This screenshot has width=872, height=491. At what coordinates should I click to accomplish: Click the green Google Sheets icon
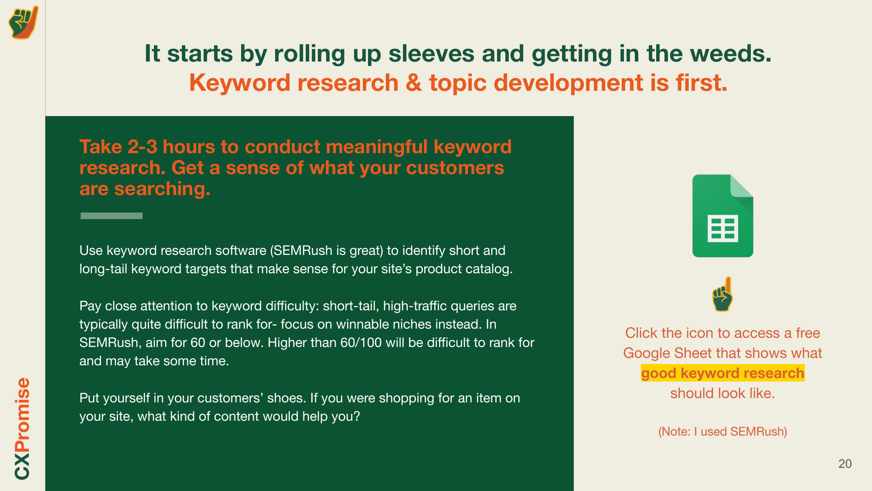(722, 216)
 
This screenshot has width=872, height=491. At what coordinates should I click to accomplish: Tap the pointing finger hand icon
(722, 295)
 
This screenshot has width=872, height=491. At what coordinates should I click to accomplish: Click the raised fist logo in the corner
(23, 22)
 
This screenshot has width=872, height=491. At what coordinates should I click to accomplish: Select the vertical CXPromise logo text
(22, 428)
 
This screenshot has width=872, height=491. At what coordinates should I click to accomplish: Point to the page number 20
(845, 464)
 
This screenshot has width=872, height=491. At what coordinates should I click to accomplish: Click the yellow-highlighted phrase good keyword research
(722, 373)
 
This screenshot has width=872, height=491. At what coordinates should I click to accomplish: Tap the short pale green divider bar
(111, 216)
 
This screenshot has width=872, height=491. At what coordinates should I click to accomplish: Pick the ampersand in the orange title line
(413, 83)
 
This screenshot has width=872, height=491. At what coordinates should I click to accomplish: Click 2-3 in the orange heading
(142, 147)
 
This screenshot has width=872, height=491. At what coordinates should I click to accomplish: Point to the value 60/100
(361, 343)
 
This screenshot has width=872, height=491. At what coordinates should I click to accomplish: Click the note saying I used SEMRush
(722, 432)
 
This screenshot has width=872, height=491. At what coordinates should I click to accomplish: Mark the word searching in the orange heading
(162, 189)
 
